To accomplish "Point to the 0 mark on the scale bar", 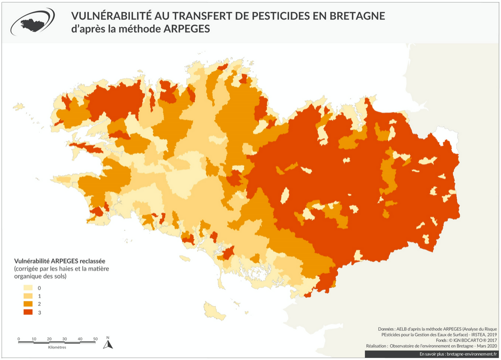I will pyautogui.click(x=19, y=339).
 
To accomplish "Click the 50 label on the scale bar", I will pyautogui.click(x=95, y=339).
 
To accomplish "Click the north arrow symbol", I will pyautogui.click(x=107, y=344).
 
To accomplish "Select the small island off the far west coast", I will pyautogui.click(x=19, y=106).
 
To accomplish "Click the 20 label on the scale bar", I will pyautogui.click(x=49, y=339).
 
